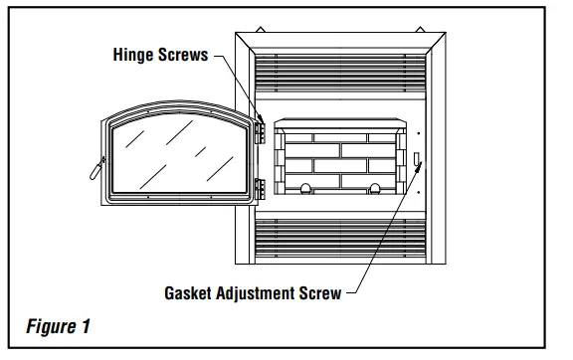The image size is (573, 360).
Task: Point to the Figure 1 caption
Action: pyautogui.click(x=58, y=326)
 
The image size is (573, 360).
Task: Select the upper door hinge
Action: pyautogui.click(x=260, y=130)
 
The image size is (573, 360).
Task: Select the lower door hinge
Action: pyautogui.click(x=260, y=188)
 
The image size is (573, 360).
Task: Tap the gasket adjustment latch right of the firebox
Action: pyautogui.click(x=417, y=161)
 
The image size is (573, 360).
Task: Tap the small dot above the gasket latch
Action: pyautogui.click(x=418, y=134)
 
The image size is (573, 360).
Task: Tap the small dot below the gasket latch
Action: pyautogui.click(x=418, y=190)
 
